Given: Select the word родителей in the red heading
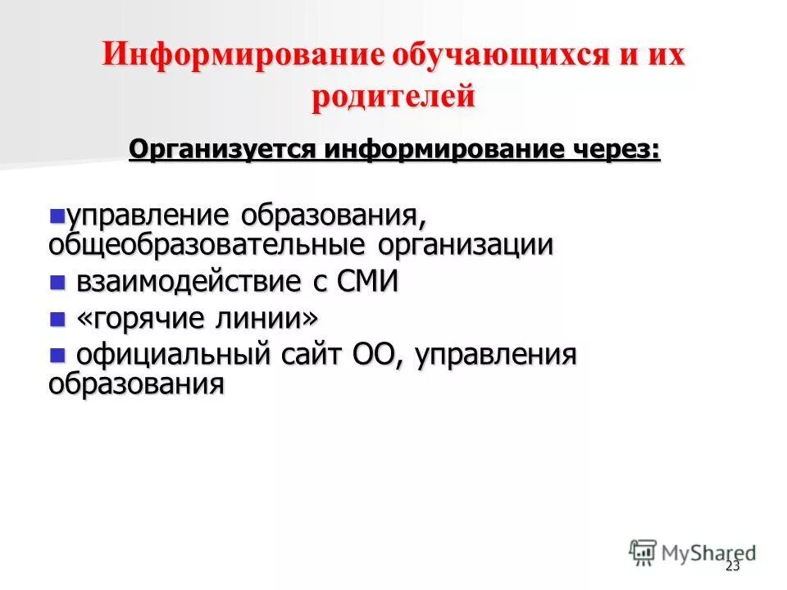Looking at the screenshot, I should click(x=393, y=97).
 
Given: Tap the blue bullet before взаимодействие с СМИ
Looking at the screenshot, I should click(x=57, y=283).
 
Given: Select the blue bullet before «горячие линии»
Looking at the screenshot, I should click(x=57, y=318).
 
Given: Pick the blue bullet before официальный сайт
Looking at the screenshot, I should click(x=57, y=354).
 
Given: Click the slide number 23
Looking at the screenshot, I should click(x=732, y=567).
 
